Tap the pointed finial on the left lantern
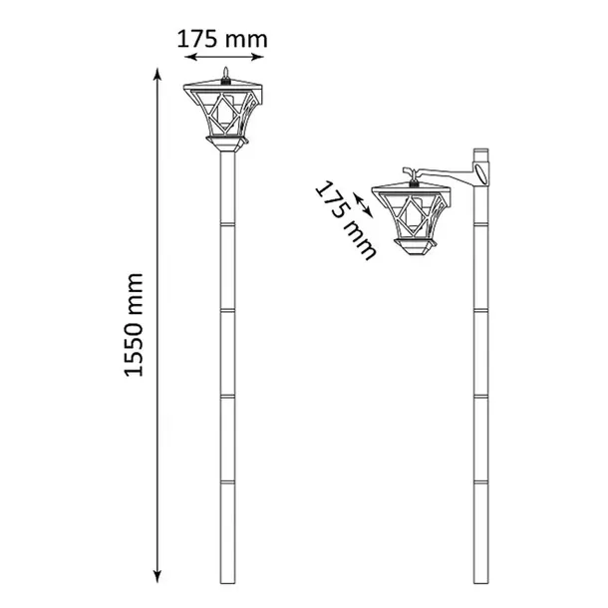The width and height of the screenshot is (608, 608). (x=227, y=71)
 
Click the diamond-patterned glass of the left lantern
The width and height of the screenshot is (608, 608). (x=227, y=115)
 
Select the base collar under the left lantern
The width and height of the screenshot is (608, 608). (x=227, y=150)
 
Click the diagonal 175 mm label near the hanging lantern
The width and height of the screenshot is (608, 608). (x=344, y=219)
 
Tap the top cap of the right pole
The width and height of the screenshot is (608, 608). (x=480, y=151)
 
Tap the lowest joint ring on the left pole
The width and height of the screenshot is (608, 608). (x=227, y=483)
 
